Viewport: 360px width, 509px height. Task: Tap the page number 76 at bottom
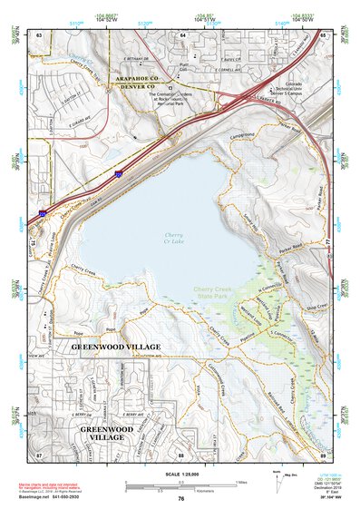point(181,499)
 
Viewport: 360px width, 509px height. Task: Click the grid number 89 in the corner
point(323,453)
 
